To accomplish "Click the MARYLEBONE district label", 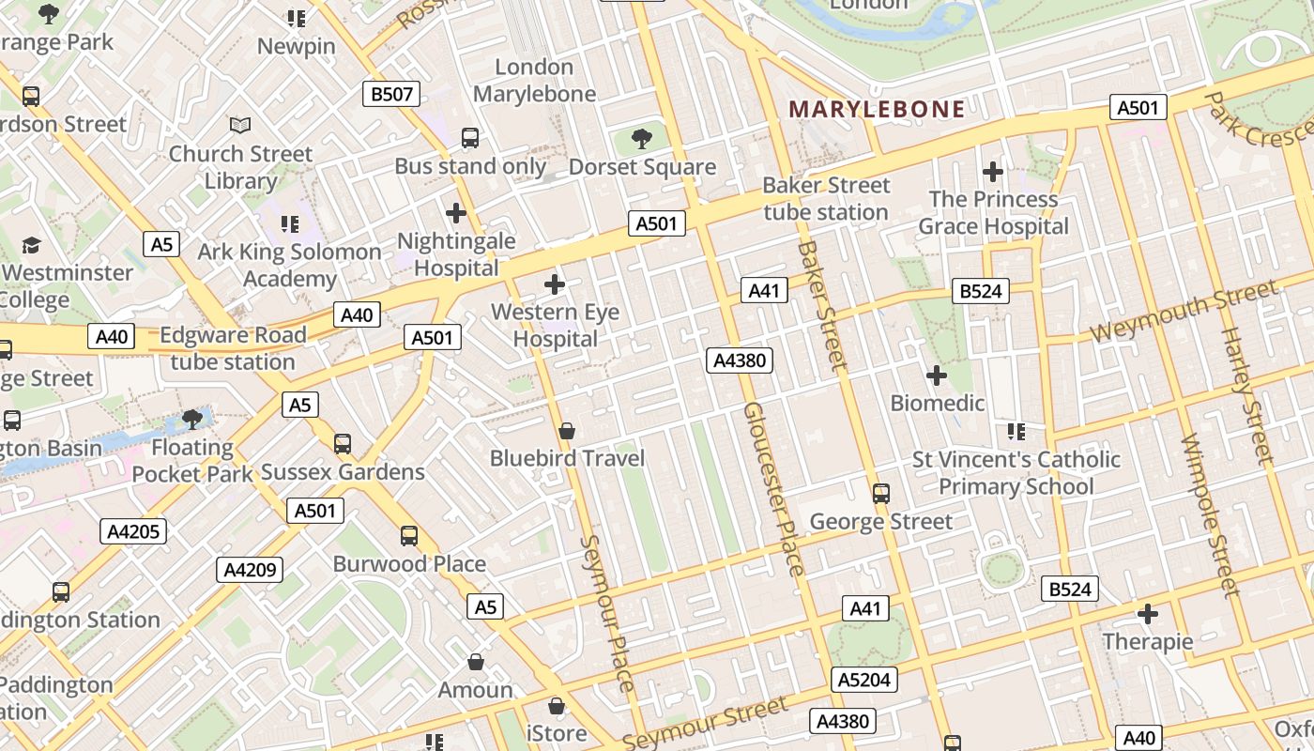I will (877, 109).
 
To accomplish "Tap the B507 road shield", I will (390, 94).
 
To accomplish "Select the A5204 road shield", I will (864, 680).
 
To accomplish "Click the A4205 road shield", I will (133, 531).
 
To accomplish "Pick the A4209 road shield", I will (250, 569).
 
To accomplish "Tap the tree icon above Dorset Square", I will (642, 139).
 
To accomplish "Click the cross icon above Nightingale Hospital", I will (456, 213).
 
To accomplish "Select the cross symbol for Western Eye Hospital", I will (555, 284).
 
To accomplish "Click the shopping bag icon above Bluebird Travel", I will (567, 431).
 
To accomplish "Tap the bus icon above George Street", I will (880, 493).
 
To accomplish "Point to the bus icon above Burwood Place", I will (409, 536).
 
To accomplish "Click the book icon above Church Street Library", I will (240, 125).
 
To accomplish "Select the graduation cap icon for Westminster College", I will (31, 246).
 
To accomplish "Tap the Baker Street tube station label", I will (826, 199).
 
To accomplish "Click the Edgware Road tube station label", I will (233, 348).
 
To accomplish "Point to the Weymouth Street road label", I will (1183, 312).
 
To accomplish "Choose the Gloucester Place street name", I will (774, 488).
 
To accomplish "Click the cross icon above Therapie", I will (1148, 614).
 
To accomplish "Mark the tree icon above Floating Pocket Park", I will (192, 419).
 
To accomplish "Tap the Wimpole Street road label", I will (1211, 516).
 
